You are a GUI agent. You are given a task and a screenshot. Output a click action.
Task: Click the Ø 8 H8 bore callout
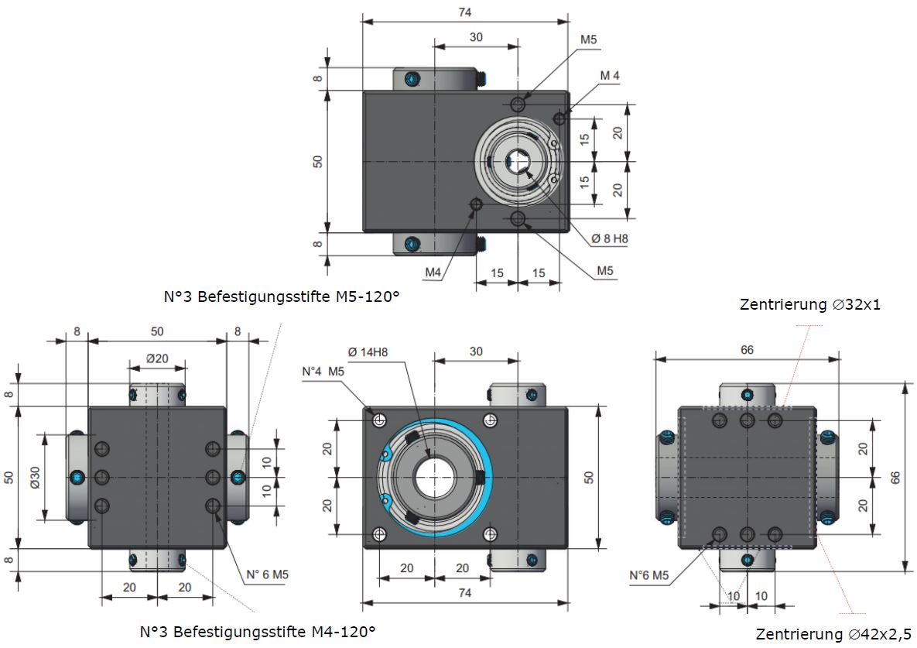point(610,238)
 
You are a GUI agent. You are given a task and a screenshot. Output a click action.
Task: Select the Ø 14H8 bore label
point(368,353)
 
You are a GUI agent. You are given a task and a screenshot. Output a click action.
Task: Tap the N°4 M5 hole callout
point(323,371)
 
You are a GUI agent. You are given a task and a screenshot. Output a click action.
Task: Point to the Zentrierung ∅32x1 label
point(810,304)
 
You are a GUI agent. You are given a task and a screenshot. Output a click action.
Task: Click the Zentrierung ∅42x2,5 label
point(833,634)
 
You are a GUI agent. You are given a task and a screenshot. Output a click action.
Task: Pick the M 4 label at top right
point(609,75)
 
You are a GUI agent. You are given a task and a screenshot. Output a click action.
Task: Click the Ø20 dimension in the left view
point(157,359)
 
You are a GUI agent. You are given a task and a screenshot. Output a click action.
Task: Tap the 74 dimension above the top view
point(464,12)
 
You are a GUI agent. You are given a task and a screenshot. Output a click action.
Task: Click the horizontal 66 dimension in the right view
point(747,349)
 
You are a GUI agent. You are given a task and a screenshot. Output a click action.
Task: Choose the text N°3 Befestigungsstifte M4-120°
point(258,631)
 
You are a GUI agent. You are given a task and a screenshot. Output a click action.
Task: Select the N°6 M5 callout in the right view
point(648,575)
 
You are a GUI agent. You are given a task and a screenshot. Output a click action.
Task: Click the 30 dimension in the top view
point(475,37)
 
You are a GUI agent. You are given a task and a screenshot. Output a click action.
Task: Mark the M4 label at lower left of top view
point(433,273)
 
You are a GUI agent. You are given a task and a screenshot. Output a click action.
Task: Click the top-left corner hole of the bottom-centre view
point(379,420)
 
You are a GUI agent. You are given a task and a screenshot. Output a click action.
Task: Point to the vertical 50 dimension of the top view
point(318,161)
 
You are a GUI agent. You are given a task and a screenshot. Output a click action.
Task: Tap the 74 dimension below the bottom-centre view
point(464,593)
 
